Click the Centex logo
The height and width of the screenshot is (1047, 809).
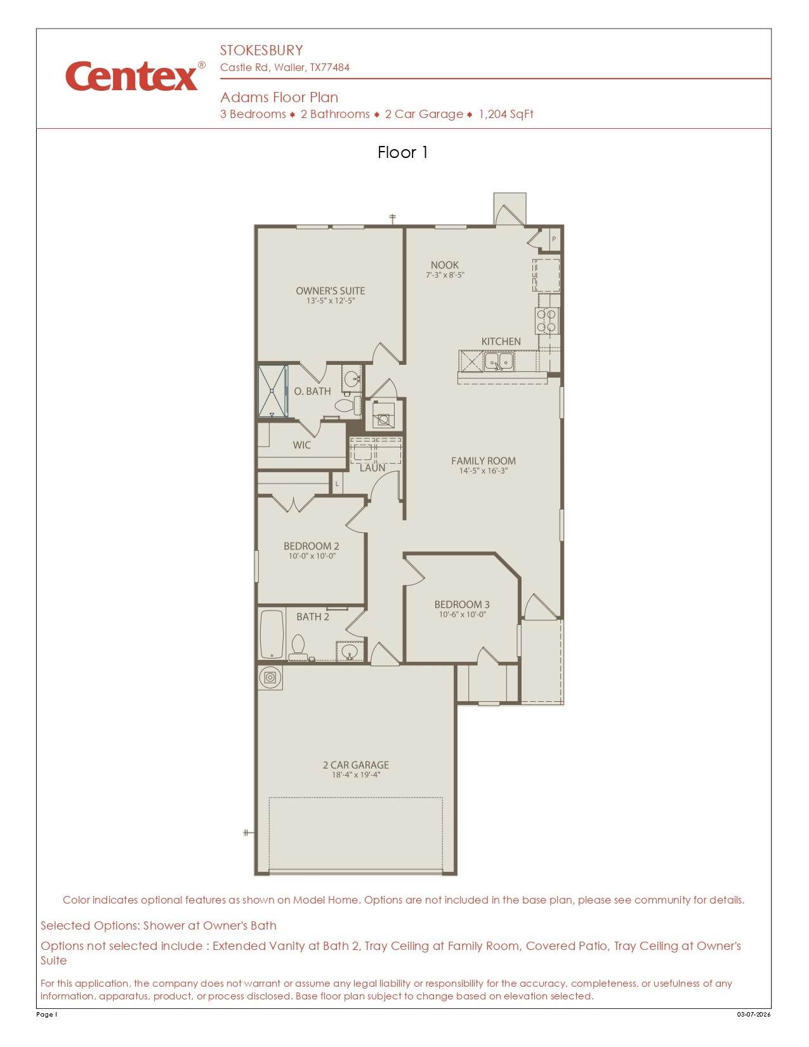[x=135, y=76]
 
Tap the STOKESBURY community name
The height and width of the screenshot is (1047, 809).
[x=261, y=50]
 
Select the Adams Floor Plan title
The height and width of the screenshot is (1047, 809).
[x=279, y=97]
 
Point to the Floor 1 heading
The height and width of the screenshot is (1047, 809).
[x=402, y=152]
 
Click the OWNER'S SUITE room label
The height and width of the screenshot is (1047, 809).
[x=330, y=291]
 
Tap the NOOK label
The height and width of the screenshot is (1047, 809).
[x=444, y=265]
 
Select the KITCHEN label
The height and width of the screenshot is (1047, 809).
[x=501, y=341]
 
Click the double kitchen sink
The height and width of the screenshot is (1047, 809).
[x=499, y=361]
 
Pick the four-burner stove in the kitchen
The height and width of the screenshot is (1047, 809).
[x=546, y=320]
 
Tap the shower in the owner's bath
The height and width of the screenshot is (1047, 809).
[x=272, y=391]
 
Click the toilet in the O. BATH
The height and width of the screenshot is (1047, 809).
[x=348, y=404]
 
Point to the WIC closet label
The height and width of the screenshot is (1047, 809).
[x=301, y=445]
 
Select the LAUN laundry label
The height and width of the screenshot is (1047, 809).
[x=372, y=468]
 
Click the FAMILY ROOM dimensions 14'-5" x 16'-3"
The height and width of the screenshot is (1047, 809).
[x=483, y=471]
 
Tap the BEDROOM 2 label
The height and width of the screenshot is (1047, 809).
[x=311, y=546]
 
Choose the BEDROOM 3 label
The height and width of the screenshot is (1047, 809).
[x=461, y=604]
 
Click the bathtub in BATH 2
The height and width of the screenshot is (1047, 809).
[x=272, y=634]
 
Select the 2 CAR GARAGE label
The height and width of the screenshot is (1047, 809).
[x=355, y=765]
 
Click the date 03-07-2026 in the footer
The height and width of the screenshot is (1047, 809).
[x=754, y=1014]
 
